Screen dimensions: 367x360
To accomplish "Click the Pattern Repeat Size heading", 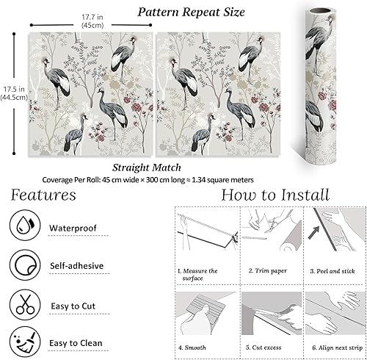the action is (x=191, y=12).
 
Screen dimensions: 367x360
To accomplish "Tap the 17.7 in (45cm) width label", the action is (x=92, y=21).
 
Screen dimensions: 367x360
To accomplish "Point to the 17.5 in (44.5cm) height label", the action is (x=14, y=93).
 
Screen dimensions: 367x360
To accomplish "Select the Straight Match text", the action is (x=147, y=168).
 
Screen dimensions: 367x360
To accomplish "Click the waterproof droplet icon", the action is (x=25, y=225).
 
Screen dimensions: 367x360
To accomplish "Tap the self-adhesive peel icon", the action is (x=25, y=265).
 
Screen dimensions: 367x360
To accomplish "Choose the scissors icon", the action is (x=25, y=305).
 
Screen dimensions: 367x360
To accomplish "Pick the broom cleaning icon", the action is (x=25, y=342).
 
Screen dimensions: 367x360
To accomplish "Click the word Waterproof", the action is (x=73, y=228).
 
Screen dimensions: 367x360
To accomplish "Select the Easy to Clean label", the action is (x=76, y=343).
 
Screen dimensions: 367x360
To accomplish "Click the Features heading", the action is (x=43, y=195).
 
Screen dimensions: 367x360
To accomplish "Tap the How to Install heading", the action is (x=275, y=195).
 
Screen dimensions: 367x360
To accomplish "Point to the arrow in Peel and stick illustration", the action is (x=313, y=233).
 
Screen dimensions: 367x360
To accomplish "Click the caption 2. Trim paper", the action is (x=268, y=270).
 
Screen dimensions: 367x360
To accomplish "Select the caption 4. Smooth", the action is (x=192, y=348).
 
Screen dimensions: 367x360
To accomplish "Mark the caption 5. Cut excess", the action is (x=264, y=348).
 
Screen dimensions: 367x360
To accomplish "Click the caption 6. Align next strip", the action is (x=338, y=348).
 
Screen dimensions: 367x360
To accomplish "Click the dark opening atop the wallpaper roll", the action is (x=322, y=11).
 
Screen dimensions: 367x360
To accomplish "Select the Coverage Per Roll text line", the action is (x=148, y=180).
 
